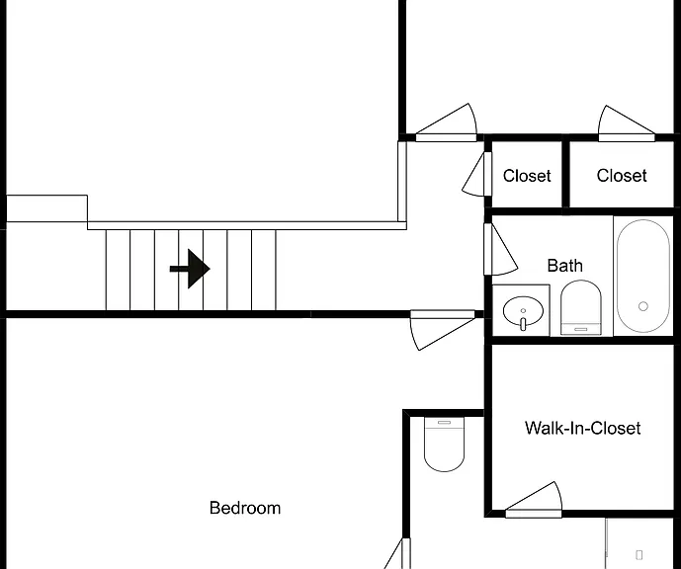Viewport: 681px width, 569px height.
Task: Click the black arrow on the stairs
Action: (x=190, y=269)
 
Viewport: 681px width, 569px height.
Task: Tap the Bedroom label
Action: (x=245, y=508)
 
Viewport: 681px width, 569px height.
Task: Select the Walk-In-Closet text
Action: (x=582, y=428)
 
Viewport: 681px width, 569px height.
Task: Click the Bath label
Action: (x=564, y=265)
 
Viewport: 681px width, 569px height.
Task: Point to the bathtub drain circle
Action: (x=643, y=306)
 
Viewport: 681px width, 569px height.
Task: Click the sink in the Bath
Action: (x=523, y=311)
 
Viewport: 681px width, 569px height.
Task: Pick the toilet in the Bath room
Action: (x=581, y=307)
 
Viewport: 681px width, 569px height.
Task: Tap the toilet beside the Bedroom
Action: (x=445, y=444)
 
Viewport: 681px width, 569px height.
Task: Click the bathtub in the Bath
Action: (x=643, y=276)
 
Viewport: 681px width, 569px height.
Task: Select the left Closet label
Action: (x=527, y=176)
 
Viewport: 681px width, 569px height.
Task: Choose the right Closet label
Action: (x=622, y=176)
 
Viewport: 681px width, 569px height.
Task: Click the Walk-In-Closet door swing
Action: (x=534, y=500)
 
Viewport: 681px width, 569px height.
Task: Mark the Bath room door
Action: (x=499, y=250)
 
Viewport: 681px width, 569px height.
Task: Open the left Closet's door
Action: (x=476, y=174)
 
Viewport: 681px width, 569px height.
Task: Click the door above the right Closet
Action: (x=627, y=123)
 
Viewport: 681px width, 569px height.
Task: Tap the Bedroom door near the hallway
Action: (x=443, y=330)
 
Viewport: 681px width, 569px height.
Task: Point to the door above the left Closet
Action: (x=447, y=122)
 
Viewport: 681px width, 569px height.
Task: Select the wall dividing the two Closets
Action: (x=565, y=175)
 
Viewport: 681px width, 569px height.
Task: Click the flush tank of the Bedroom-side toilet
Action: (x=445, y=423)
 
